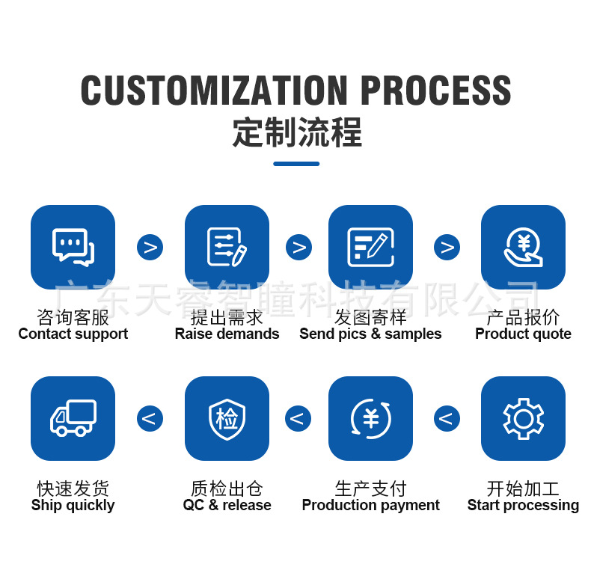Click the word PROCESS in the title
tap(435, 91)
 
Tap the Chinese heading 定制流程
tap(296, 132)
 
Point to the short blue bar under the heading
tap(296, 164)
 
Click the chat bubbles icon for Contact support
tap(73, 247)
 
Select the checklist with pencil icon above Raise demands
tap(227, 247)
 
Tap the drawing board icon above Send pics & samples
tap(370, 247)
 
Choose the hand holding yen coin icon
tap(523, 247)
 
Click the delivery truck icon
tap(73, 418)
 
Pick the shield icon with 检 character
tap(227, 418)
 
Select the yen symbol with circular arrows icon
tap(370, 418)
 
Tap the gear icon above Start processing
tap(523, 418)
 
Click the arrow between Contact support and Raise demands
tap(150, 247)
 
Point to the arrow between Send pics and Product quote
tap(447, 247)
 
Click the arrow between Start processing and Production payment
tap(447, 418)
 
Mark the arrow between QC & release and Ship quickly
tap(150, 418)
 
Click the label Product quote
tap(523, 334)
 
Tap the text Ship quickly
tap(73, 506)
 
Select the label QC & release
tap(227, 506)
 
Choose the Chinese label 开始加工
tap(523, 488)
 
